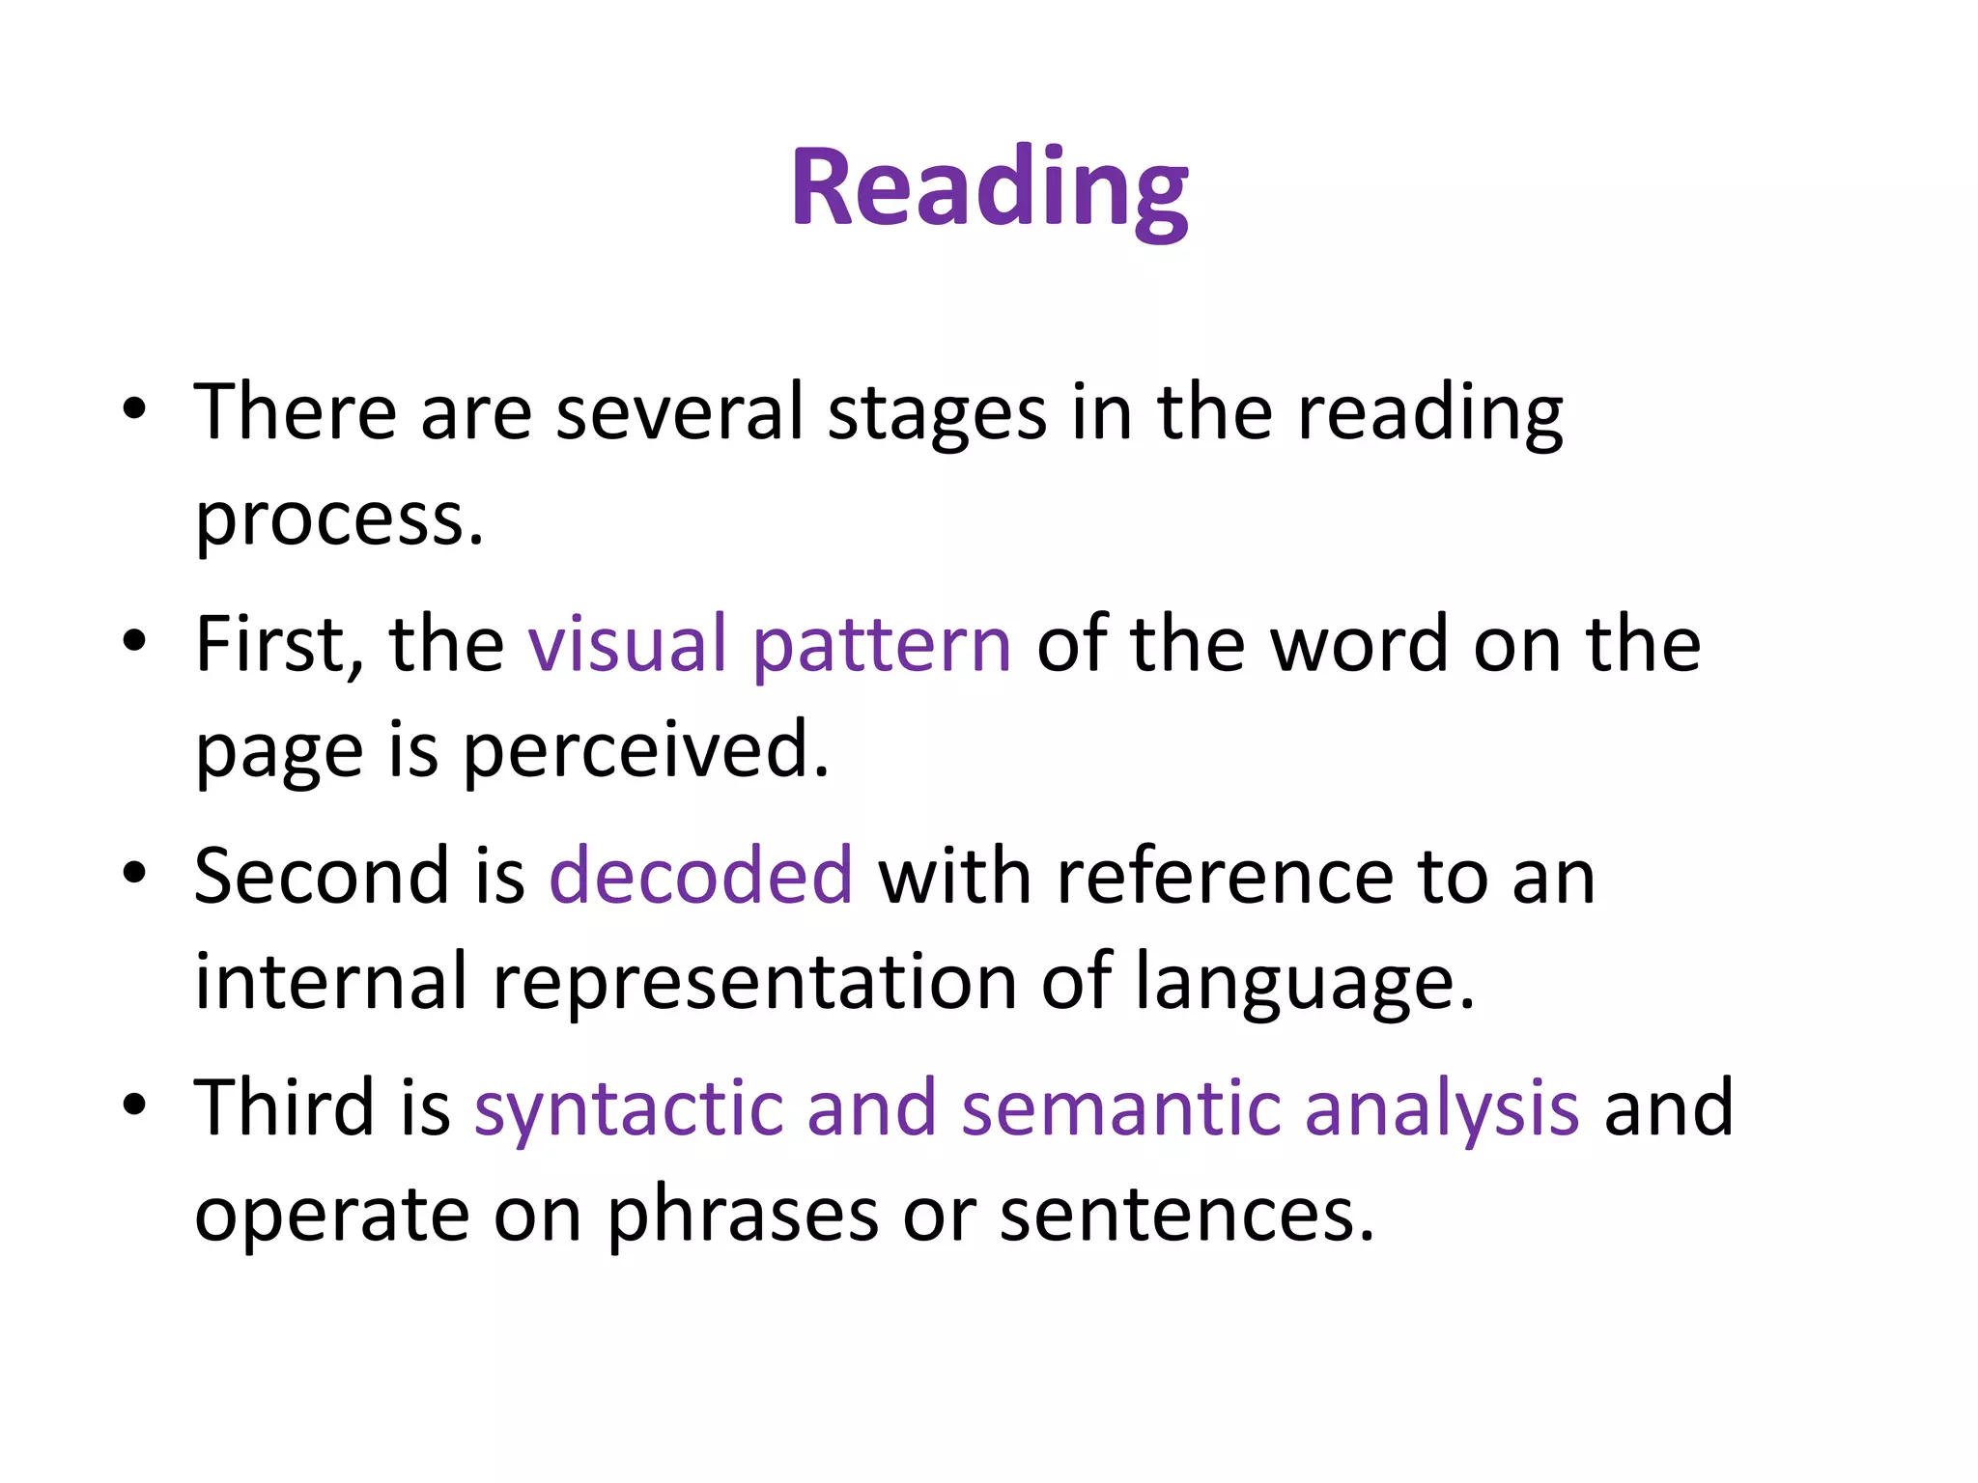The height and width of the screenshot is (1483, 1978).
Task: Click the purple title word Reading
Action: (989, 187)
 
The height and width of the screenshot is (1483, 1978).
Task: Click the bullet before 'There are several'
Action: (134, 408)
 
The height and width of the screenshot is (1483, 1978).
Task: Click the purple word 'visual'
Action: (627, 645)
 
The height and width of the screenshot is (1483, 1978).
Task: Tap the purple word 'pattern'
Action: (881, 645)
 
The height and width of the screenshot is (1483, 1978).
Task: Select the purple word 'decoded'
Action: (701, 876)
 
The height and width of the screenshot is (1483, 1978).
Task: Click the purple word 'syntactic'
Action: (629, 1108)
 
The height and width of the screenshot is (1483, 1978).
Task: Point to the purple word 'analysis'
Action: (1442, 1108)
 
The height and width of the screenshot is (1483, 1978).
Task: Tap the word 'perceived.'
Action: (646, 751)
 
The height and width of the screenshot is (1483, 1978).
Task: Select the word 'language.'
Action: (1305, 983)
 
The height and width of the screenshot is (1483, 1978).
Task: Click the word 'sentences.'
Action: (1187, 1215)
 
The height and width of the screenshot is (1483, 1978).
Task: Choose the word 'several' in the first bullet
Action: (680, 413)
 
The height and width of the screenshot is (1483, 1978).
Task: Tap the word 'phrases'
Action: (743, 1215)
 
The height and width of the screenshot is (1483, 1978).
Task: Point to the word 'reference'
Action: (1225, 876)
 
